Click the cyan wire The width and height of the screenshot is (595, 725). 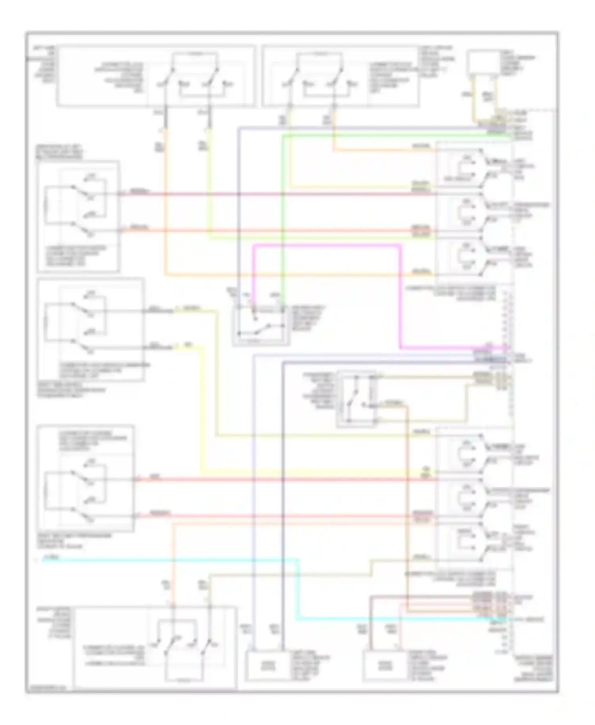[x=297, y=587]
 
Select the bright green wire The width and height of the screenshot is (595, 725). [x=282, y=218]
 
